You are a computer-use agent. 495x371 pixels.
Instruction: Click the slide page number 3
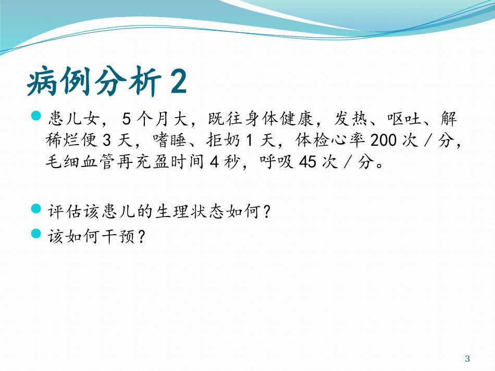[x=467, y=359]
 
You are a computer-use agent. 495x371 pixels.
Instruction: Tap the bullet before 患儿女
[x=36, y=115]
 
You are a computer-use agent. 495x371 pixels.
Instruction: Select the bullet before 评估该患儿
[x=36, y=209]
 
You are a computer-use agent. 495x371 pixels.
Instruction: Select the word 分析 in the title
[x=122, y=82]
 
